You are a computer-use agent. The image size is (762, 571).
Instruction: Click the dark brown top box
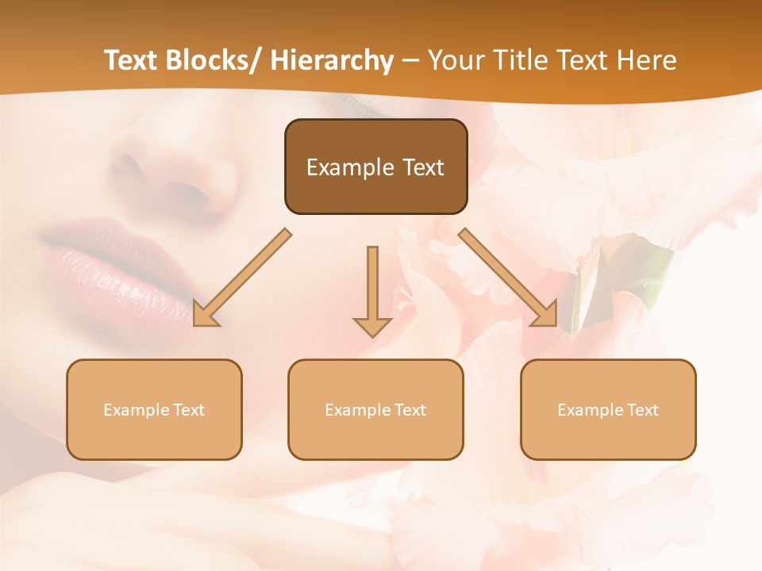(375, 167)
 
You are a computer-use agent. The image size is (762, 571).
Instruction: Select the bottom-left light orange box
(154, 409)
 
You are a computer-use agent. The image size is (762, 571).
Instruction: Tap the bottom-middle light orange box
(375, 409)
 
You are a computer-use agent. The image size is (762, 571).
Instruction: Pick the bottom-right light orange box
(608, 409)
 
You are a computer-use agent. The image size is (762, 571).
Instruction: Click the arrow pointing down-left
(242, 278)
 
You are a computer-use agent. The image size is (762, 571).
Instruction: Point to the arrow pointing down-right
(508, 278)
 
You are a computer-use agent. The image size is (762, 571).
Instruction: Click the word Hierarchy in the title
(332, 60)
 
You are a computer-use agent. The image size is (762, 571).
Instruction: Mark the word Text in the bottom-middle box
(410, 410)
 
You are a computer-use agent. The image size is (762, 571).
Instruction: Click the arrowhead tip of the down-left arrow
(195, 324)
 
